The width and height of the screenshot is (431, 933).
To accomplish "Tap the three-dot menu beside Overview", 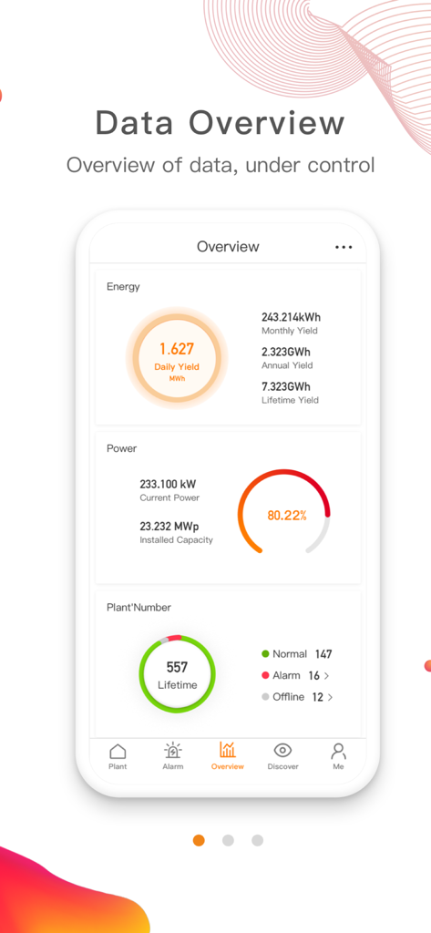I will pyautogui.click(x=344, y=247).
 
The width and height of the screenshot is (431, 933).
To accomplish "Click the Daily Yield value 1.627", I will pyautogui.click(x=176, y=349).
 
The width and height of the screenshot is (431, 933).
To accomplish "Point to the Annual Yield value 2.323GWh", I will pyautogui.click(x=286, y=352).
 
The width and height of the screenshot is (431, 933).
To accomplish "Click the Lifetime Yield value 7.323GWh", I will pyautogui.click(x=286, y=386).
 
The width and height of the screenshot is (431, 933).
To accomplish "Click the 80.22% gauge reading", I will pyautogui.click(x=286, y=515).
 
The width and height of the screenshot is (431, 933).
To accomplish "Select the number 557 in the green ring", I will pyautogui.click(x=177, y=668).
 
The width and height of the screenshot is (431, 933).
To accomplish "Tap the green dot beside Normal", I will pyautogui.click(x=266, y=654).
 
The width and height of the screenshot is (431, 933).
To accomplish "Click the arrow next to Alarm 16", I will pyautogui.click(x=326, y=676).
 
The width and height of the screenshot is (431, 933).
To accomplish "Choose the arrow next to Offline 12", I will pyautogui.click(x=330, y=697).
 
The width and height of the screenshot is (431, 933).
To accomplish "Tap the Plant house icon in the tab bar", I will pyautogui.click(x=118, y=752).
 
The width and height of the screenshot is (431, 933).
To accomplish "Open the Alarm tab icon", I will pyautogui.click(x=172, y=751).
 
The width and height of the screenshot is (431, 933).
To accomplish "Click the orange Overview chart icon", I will pyautogui.click(x=227, y=750).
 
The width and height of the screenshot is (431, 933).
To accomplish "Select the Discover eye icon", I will pyautogui.click(x=282, y=751).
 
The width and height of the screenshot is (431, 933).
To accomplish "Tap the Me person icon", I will pyautogui.click(x=338, y=751).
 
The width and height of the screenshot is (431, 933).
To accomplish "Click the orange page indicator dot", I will pyautogui.click(x=199, y=840).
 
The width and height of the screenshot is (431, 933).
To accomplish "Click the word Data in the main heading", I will pyautogui.click(x=135, y=123).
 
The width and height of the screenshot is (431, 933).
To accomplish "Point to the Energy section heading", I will pyautogui.click(x=123, y=287).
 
